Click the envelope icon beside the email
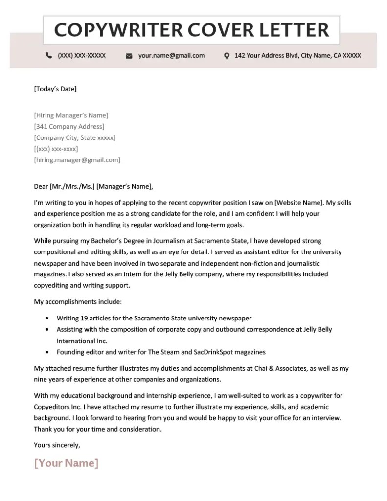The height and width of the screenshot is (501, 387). click(x=129, y=56)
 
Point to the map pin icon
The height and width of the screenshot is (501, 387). click(x=227, y=56)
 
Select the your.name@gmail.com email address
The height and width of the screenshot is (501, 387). click(x=171, y=56)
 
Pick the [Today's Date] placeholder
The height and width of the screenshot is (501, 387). click(x=55, y=89)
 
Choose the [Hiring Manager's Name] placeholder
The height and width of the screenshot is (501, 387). click(x=71, y=115)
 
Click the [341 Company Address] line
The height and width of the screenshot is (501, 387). click(x=69, y=127)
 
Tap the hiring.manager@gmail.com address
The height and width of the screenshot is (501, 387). click(x=77, y=160)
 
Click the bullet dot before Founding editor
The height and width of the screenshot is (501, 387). click(x=46, y=352)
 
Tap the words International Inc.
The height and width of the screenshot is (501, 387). click(x=82, y=341)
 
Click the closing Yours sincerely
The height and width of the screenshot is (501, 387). click(x=57, y=445)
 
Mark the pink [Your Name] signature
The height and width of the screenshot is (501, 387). click(x=66, y=463)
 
